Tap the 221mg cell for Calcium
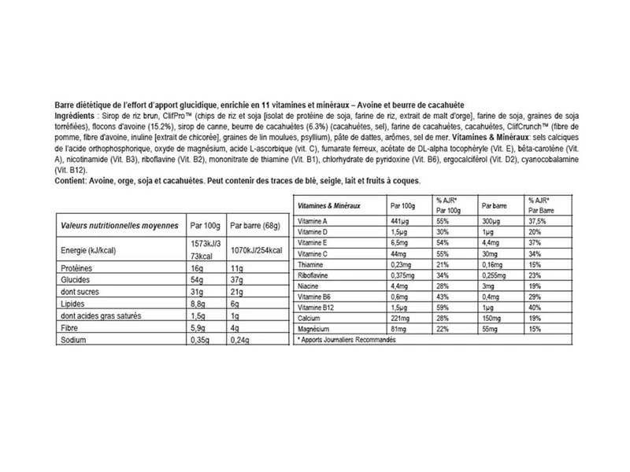click(402, 319)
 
